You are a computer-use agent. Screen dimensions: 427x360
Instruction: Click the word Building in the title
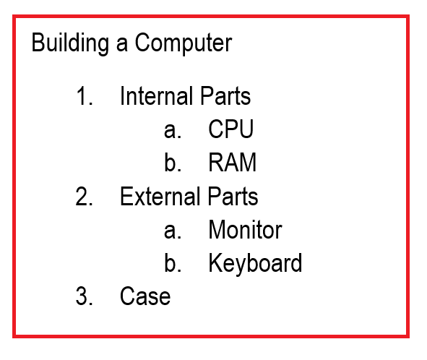[70, 43]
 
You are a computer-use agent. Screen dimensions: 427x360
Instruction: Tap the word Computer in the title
[184, 43]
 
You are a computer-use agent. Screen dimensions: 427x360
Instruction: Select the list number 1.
[85, 95]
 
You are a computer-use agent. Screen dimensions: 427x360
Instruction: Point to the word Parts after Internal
[225, 95]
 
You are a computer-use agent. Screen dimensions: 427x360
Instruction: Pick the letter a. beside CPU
[173, 130]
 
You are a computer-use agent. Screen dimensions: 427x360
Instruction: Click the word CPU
[231, 129]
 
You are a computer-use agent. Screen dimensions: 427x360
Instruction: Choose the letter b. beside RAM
[173, 162]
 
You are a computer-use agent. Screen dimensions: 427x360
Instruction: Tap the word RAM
[233, 162]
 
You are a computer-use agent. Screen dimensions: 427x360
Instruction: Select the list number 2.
[84, 196]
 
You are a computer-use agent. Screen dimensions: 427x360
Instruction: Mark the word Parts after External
[233, 196]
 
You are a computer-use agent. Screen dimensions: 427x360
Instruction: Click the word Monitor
[245, 230]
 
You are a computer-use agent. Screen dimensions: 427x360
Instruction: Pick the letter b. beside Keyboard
[173, 262]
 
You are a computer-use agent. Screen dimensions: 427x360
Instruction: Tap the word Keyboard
[256, 263]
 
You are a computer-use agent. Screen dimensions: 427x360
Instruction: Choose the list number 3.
[85, 296]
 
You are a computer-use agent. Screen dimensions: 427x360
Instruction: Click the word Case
[145, 296]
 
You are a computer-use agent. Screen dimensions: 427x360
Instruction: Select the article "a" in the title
[121, 44]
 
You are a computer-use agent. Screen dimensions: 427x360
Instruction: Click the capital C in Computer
[143, 42]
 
